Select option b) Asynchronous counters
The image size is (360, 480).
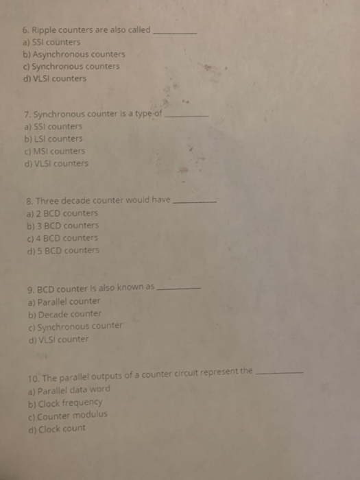point(74,54)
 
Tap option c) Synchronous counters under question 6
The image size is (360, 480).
point(71,67)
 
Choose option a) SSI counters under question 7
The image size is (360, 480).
point(53,127)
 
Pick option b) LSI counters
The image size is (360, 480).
point(53,139)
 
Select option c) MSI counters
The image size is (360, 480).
point(54,151)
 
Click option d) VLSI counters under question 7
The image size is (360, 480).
point(56,163)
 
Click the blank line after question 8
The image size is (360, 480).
point(197,202)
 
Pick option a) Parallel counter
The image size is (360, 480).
point(64,301)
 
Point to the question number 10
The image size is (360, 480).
point(31,376)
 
